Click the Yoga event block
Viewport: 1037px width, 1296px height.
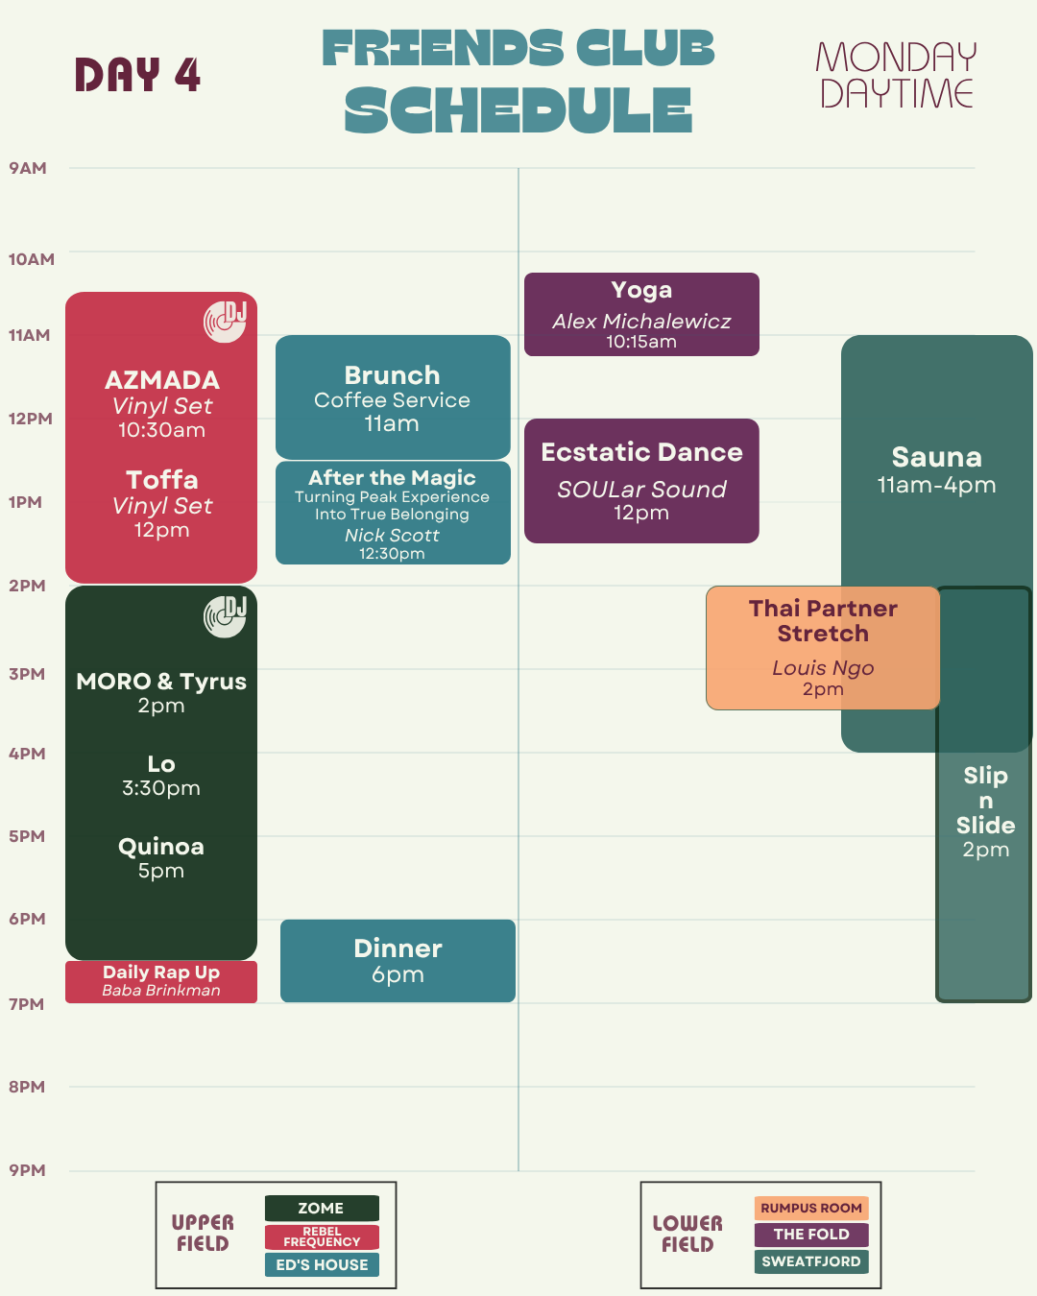click(x=641, y=314)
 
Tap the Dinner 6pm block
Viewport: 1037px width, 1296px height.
click(x=398, y=961)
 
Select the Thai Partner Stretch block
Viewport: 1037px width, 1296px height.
click(x=823, y=648)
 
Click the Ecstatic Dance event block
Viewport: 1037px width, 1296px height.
click(x=641, y=481)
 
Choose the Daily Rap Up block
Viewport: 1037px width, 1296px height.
click(x=161, y=982)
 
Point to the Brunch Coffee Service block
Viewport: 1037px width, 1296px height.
click(x=393, y=396)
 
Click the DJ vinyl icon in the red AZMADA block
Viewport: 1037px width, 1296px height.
click(x=225, y=322)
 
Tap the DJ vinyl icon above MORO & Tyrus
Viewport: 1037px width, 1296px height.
click(x=225, y=616)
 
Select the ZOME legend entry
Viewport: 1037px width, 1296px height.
click(x=322, y=1208)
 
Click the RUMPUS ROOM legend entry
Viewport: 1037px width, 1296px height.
click(x=811, y=1208)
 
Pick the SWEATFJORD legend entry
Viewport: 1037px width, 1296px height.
click(x=811, y=1261)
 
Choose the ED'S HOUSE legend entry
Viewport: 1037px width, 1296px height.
click(x=322, y=1264)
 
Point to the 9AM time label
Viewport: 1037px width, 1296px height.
click(x=28, y=168)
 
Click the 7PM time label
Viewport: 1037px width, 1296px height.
click(x=27, y=1004)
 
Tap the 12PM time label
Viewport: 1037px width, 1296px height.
click(x=30, y=419)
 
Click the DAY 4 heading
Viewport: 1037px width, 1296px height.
click(x=137, y=75)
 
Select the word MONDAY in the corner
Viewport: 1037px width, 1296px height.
click(x=896, y=58)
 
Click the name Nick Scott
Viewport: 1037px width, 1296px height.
click(x=392, y=535)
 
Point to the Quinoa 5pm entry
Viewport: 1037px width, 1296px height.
click(x=161, y=857)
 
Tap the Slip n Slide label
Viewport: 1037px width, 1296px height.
click(x=985, y=801)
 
